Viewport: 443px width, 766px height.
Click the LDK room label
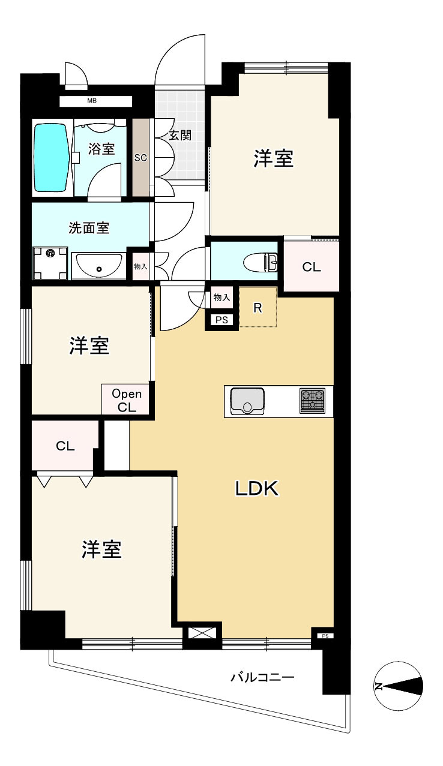[256, 489]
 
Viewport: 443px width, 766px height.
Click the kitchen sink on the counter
[247, 401]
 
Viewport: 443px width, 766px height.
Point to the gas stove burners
[312, 401]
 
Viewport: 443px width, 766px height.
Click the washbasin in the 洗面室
[99, 266]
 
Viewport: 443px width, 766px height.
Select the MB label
[92, 100]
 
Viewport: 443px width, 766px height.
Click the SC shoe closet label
[140, 158]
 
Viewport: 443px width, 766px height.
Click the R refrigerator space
[258, 308]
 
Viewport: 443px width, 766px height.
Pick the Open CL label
[127, 400]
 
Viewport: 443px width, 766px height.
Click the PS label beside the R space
[221, 320]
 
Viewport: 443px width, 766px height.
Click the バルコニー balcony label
[262, 678]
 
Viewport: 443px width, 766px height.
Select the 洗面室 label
[89, 228]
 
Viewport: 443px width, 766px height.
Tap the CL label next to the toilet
[311, 268]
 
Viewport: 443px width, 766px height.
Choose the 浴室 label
[101, 149]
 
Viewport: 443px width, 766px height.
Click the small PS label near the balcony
[325, 636]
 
